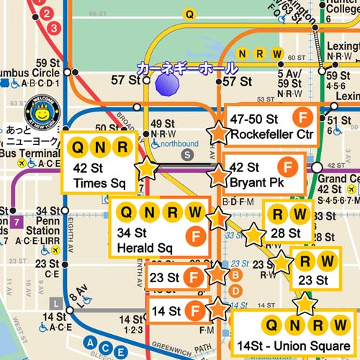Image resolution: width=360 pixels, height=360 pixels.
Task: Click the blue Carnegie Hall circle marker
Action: click(167, 83)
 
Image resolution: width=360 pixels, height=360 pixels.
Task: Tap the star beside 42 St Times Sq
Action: click(147, 168)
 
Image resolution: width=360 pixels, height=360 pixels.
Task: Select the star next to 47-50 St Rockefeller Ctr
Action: click(217, 132)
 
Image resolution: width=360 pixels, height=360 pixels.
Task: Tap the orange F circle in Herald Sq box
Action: click(194, 235)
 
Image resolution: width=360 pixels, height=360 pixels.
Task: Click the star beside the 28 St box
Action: click(253, 235)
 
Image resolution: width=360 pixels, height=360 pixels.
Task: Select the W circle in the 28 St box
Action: click(301, 214)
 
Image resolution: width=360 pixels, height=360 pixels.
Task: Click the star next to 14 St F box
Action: click(217, 310)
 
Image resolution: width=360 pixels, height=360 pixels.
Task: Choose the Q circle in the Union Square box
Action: click(273, 326)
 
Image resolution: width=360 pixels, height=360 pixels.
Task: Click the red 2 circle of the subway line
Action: click(49, 14)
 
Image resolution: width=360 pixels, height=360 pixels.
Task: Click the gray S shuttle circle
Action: click(189, 154)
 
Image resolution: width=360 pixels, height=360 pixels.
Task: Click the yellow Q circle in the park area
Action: click(189, 13)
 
